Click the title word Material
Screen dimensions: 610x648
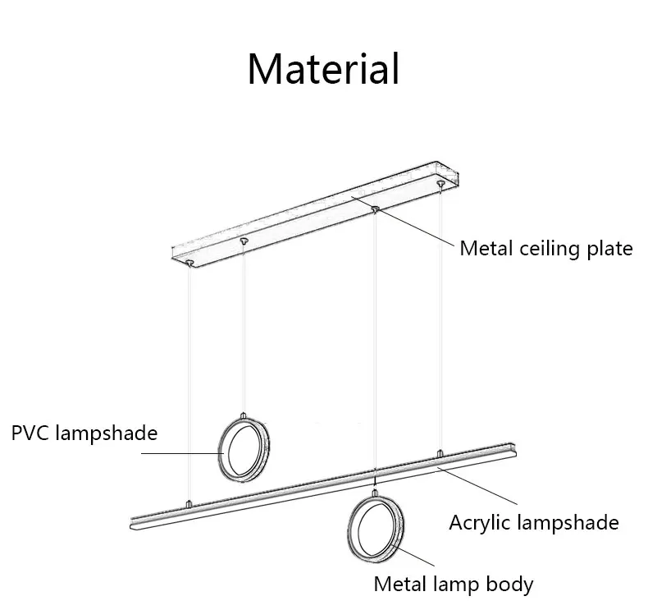point(323,69)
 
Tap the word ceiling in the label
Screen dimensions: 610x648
point(545,249)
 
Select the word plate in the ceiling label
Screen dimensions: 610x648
point(608,249)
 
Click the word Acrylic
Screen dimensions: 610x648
point(479,523)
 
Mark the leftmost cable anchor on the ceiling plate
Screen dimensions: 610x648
point(190,262)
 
